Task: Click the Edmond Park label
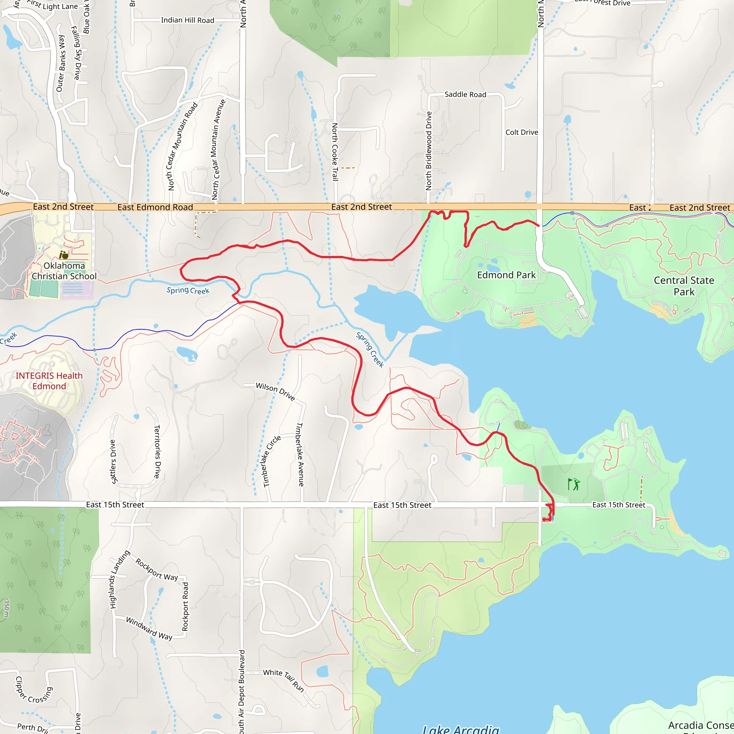coord(506,275)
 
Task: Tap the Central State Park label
coord(684,286)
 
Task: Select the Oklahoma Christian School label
coord(64,271)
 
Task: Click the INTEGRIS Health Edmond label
coord(49,381)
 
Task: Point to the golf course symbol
coord(574,485)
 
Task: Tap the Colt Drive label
coord(521,132)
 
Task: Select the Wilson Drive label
coord(275,391)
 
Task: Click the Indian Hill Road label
coord(187,20)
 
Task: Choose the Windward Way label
coord(149,628)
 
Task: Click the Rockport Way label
coord(157,569)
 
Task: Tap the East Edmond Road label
coord(155,207)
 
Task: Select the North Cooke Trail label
coord(335,152)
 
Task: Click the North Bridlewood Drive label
coord(429,151)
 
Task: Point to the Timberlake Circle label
coord(272,461)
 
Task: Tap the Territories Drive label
coord(157,452)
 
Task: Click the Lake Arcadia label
coord(461,728)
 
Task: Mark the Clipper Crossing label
coord(33,690)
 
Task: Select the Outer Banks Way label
coord(61,63)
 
